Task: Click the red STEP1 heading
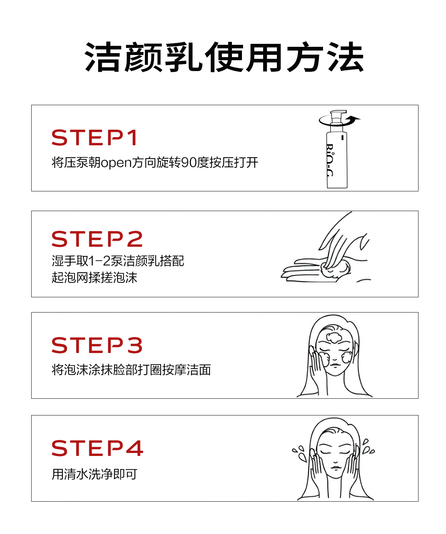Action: click(x=94, y=137)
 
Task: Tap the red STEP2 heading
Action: click(x=97, y=239)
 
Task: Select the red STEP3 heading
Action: click(x=97, y=345)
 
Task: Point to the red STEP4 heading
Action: click(x=97, y=448)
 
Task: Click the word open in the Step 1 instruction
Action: click(x=116, y=163)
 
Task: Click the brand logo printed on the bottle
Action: click(x=330, y=160)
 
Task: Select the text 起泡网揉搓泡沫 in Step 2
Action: click(x=94, y=278)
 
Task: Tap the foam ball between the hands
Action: click(x=335, y=269)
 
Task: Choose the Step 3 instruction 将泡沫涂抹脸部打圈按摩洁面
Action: click(x=131, y=370)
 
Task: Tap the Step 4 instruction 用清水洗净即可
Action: click(x=94, y=474)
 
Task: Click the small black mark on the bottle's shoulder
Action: click(x=342, y=137)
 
